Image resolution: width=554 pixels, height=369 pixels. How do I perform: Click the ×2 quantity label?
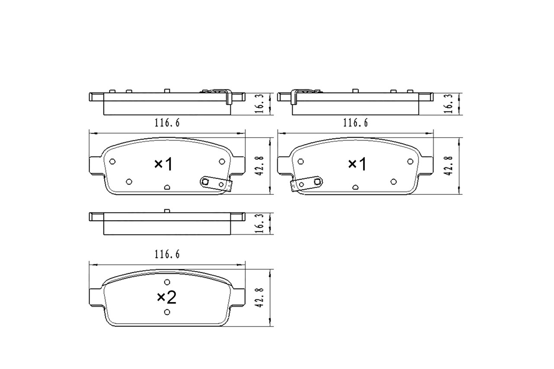pos(167,297)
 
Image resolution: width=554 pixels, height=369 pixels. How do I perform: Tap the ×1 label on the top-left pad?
pos(164,164)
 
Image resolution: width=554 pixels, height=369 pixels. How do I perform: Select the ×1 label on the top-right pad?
pos(358,164)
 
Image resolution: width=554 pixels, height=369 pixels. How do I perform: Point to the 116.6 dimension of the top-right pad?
pos(355,123)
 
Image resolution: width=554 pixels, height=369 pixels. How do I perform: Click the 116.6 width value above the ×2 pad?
pos(167,255)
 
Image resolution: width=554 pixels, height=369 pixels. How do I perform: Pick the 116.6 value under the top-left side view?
pos(167,123)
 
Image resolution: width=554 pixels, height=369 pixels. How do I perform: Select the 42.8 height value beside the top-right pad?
pos(449,166)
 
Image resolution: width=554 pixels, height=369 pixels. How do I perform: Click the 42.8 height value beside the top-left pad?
pos(260,166)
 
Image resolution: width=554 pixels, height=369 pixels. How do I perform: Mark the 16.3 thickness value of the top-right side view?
pos(449,104)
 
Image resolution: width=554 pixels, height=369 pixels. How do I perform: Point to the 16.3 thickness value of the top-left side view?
pos(260,104)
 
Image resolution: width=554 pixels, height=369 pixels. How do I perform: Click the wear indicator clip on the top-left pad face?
pos(216,184)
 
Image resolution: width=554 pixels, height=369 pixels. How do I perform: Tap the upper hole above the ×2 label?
pos(167,282)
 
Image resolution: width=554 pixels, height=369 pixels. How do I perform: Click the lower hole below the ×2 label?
pos(167,312)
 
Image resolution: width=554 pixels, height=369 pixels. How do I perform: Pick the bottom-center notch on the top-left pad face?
pos(167,187)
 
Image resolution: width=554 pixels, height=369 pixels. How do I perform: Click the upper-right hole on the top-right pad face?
pos(410,161)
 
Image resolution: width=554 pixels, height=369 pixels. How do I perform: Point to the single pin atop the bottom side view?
pos(167,211)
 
